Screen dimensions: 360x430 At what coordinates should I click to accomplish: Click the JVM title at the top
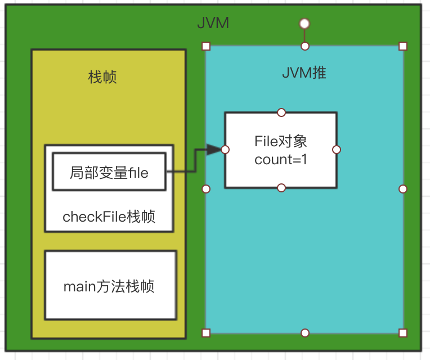(213, 24)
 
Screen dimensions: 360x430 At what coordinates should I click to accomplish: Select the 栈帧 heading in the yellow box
(103, 77)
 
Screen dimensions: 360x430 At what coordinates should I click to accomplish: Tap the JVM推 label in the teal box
(304, 73)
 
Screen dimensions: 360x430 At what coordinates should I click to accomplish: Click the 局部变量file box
(109, 173)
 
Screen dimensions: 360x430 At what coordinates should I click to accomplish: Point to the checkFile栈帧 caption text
(109, 217)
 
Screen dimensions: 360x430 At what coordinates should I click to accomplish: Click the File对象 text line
(280, 141)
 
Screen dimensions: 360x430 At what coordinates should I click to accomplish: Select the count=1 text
(280, 159)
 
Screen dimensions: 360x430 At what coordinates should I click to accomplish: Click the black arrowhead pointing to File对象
(214, 150)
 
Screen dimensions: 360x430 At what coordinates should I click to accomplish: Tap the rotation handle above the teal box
(304, 23)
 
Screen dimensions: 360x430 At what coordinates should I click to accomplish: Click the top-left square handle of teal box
(206, 46)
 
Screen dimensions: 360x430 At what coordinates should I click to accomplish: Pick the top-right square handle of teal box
(403, 46)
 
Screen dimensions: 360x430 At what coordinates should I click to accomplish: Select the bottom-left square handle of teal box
(206, 333)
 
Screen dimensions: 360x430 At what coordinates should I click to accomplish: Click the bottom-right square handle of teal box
(403, 333)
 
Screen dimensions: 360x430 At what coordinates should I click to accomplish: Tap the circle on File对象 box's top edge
(281, 112)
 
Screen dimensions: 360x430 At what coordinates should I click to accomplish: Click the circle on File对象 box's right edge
(337, 150)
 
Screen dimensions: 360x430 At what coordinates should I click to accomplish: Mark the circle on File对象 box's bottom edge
(281, 187)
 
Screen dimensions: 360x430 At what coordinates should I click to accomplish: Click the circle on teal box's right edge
(403, 189)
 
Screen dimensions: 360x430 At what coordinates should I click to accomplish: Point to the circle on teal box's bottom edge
(304, 333)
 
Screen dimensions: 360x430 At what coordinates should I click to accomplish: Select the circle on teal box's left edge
(206, 189)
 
